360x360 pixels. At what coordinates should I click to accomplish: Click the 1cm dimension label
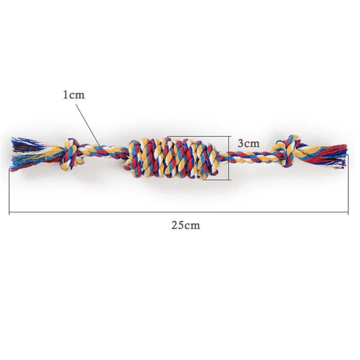tap(73, 95)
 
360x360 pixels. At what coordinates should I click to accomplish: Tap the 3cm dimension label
tap(249, 143)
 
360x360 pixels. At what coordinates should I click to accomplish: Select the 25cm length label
tap(185, 225)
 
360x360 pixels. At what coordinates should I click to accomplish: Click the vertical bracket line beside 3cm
tap(230, 157)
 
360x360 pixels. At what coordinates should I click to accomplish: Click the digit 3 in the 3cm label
tap(241, 143)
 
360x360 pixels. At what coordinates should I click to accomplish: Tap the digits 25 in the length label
tap(177, 225)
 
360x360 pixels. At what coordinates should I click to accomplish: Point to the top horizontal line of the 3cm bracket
tap(198, 136)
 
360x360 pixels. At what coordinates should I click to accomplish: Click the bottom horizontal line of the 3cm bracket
tap(216, 180)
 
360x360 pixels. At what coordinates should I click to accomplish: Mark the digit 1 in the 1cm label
tap(66, 95)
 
